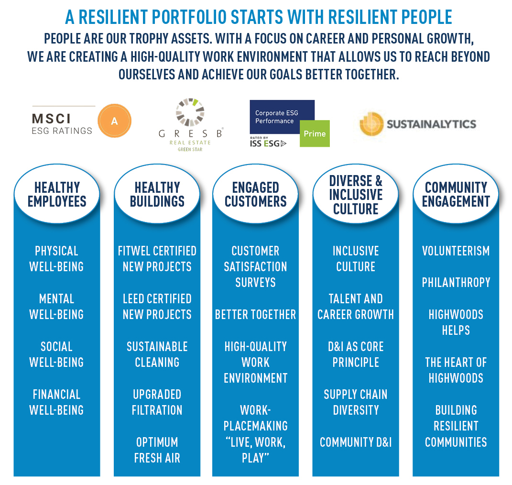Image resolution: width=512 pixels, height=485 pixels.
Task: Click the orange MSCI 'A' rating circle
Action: (x=114, y=121)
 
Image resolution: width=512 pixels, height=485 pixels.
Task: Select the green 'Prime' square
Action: (x=315, y=133)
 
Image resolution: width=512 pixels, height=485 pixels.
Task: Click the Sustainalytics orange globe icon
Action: (x=371, y=124)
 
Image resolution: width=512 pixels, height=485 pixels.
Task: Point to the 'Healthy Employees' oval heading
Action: (x=57, y=194)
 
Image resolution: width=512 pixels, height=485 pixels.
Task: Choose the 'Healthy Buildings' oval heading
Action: (x=157, y=194)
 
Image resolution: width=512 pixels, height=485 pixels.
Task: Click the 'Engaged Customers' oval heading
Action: (x=255, y=194)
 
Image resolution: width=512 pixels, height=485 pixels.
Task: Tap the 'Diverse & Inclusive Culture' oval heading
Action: (x=356, y=194)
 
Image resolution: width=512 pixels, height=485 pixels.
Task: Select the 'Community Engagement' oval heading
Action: (x=456, y=194)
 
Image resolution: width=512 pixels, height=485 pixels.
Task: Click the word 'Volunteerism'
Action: (x=456, y=251)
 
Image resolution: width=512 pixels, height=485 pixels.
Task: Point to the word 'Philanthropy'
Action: (x=456, y=282)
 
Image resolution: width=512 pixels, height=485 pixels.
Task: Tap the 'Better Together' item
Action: (x=255, y=314)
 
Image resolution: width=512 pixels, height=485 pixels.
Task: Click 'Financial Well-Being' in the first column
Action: (x=56, y=402)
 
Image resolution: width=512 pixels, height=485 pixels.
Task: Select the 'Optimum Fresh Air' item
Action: (x=157, y=450)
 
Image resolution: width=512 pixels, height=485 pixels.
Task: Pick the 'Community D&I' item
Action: (x=356, y=442)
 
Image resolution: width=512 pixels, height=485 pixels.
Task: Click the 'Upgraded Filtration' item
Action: (x=157, y=402)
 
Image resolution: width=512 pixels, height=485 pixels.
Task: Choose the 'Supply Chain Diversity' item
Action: (x=356, y=402)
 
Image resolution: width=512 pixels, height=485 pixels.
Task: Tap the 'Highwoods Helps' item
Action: (x=456, y=322)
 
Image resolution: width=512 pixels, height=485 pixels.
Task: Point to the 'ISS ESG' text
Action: (x=268, y=143)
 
